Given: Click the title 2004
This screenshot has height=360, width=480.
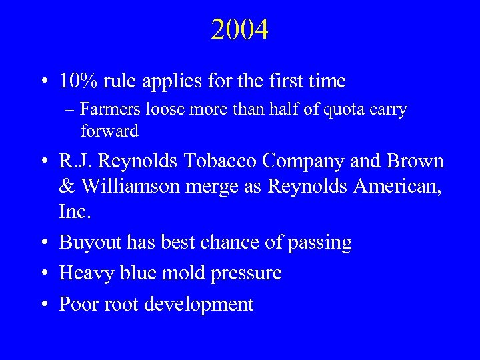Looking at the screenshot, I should tap(240, 30).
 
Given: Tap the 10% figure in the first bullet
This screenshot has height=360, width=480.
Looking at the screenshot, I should tap(78, 81).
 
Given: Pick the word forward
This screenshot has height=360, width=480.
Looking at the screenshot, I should tap(109, 131).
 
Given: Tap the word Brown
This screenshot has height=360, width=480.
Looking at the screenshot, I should tap(414, 162).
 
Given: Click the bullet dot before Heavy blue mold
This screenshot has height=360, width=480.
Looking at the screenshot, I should tap(43, 273).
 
